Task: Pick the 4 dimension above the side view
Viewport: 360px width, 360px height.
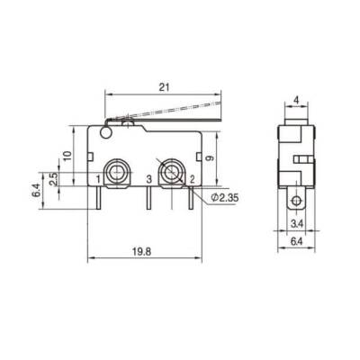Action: (296, 100)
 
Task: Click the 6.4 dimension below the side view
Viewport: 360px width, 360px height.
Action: (296, 240)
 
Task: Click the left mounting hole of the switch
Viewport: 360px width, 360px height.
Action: (117, 170)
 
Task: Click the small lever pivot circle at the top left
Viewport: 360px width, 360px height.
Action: (107, 135)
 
